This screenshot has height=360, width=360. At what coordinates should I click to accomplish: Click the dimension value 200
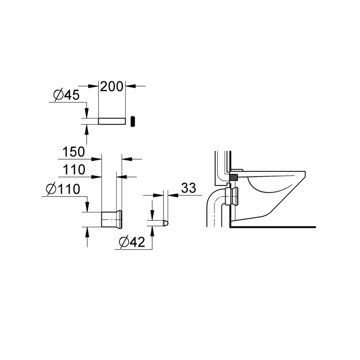112,86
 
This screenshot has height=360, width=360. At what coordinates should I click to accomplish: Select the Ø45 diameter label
66,95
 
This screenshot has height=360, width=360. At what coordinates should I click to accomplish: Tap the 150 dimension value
74,152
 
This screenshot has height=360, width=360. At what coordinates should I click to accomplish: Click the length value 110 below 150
74,170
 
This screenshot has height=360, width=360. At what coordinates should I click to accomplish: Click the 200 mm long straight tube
112,121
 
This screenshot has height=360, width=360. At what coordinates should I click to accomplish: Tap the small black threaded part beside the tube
134,121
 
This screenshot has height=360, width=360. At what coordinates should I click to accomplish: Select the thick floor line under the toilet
272,226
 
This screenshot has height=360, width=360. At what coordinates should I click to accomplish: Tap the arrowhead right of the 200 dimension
129,86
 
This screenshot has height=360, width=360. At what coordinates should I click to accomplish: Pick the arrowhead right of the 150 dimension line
125,158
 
